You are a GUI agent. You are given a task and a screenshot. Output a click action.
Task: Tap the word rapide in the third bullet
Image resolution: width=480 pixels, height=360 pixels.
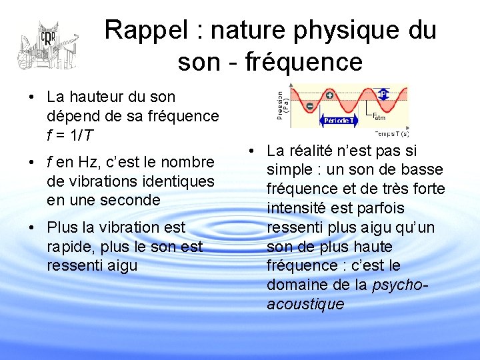click(x=69, y=247)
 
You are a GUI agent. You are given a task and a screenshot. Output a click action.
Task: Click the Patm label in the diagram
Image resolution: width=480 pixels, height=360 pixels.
click(x=378, y=118)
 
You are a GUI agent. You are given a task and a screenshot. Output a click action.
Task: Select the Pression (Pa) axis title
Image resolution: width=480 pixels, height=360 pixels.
click(x=283, y=104)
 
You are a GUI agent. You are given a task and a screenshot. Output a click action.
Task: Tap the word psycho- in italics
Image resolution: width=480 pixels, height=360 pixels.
click(x=400, y=285)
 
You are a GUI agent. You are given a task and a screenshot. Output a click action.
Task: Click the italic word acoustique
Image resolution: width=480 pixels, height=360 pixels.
click(x=305, y=305)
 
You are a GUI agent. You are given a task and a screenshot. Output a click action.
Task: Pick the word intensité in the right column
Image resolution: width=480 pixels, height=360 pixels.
click(x=296, y=209)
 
